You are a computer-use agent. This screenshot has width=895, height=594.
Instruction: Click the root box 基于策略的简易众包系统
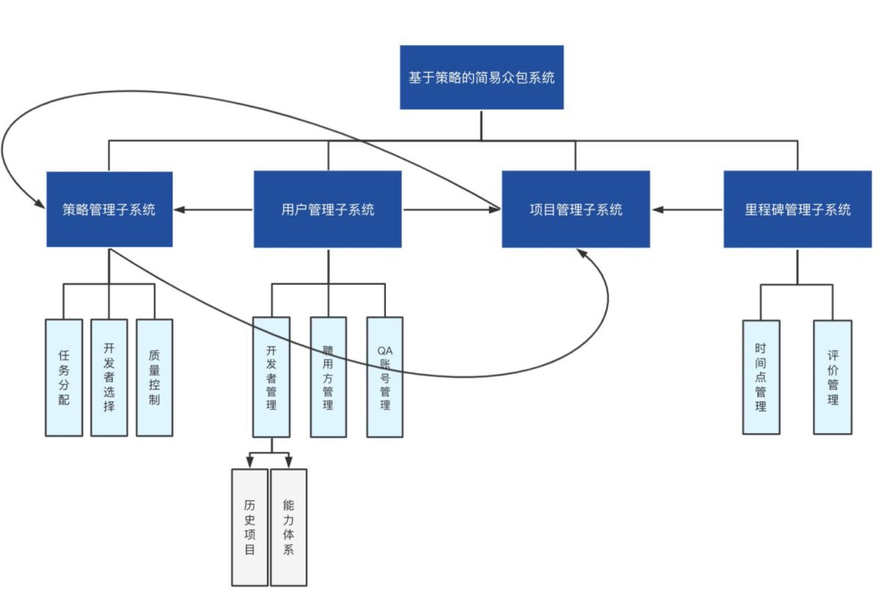(481, 77)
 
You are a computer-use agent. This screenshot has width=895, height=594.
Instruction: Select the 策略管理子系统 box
(109, 209)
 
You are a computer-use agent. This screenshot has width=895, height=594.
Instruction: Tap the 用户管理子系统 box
(327, 209)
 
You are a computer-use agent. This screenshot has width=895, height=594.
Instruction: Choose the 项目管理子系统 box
(575, 209)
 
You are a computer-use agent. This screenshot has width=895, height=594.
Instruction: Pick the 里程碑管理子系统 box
(797, 209)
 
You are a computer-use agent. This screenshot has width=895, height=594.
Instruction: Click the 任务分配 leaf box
(64, 377)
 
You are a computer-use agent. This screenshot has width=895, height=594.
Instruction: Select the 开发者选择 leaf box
(109, 377)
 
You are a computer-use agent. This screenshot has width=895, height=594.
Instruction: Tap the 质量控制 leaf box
(154, 377)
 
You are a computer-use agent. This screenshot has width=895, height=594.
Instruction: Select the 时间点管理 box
(761, 377)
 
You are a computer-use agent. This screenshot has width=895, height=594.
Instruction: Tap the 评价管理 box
(832, 377)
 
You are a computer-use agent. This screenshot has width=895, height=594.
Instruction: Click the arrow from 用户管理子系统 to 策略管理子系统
(213, 209)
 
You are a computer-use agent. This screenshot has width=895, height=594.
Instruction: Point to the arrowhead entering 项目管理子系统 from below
(582, 253)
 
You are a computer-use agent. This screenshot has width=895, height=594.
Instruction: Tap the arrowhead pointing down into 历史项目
(249, 461)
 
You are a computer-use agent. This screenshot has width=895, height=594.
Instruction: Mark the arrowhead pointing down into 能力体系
(288, 461)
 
